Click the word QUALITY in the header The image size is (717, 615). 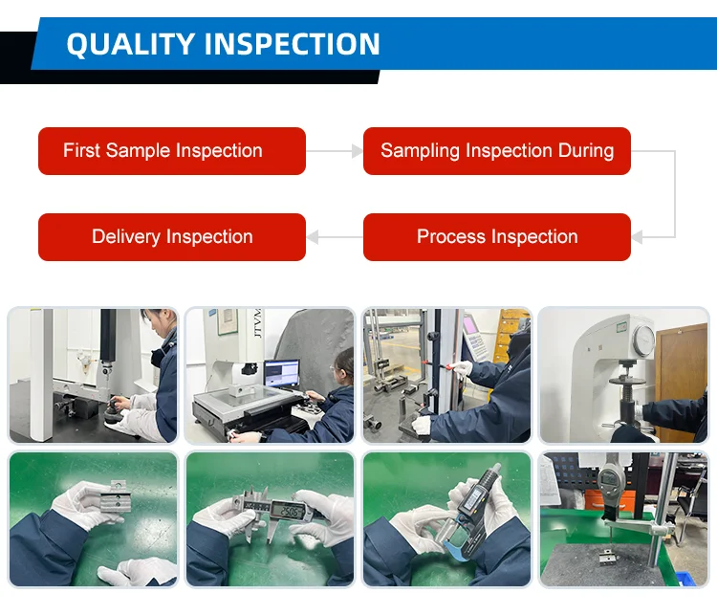131,44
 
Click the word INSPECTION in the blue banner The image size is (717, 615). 292,44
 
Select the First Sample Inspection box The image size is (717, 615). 172,151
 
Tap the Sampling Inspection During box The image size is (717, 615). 497,151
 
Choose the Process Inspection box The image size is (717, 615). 497,237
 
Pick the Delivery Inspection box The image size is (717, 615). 172,237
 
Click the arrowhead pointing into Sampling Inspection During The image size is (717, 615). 358,150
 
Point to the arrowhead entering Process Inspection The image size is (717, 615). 637,237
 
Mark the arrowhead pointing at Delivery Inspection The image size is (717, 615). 313,237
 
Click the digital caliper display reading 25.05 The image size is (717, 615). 290,511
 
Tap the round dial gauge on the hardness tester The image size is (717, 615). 643,340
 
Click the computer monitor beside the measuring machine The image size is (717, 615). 282,374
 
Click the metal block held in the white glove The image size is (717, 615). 116,502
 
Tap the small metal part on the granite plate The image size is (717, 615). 608,557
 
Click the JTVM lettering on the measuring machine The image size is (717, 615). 257,323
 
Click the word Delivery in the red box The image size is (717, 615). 126,237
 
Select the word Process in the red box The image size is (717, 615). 451,236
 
